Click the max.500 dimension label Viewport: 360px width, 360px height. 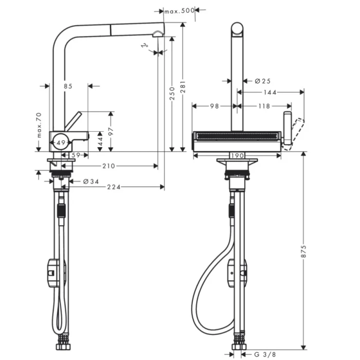179,10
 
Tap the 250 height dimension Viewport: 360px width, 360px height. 172,93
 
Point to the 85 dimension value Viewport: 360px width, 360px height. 68,86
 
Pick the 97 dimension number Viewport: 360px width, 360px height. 110,131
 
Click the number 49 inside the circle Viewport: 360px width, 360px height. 61,142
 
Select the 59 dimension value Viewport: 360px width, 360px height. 76,155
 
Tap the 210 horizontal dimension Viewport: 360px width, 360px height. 109,166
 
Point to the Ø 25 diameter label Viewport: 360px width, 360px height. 262,81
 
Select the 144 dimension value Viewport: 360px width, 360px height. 270,93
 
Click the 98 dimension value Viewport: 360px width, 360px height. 215,106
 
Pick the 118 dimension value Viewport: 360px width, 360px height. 264,106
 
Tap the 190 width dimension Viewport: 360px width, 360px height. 237,155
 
